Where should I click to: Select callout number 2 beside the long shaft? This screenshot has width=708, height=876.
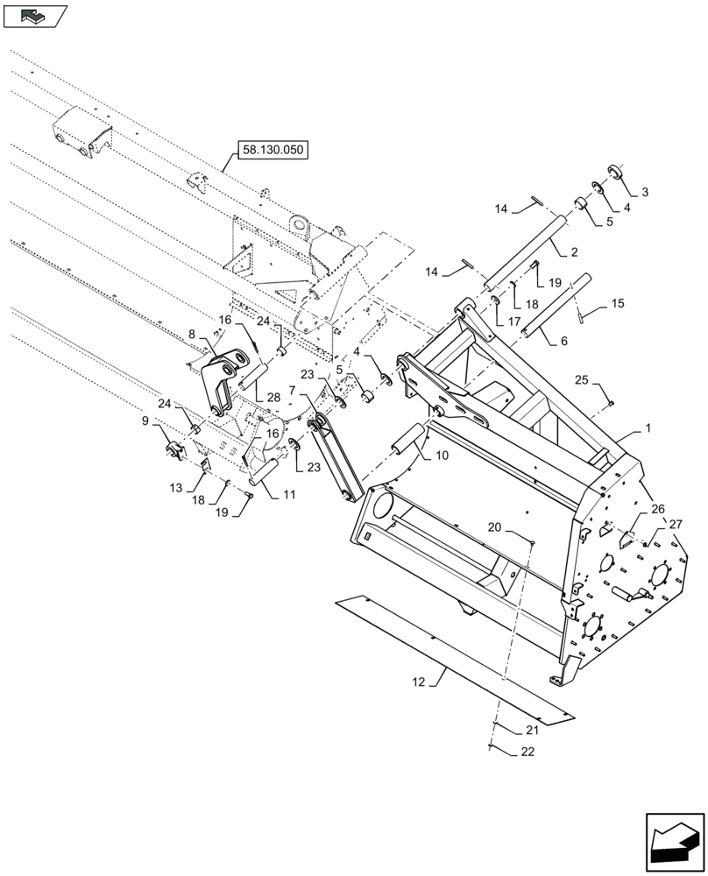click(x=645, y=192)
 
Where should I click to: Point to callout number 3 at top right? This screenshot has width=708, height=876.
click(x=627, y=208)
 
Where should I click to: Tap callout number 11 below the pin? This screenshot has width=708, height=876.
click(x=289, y=495)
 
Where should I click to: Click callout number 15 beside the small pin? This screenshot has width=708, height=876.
click(x=618, y=304)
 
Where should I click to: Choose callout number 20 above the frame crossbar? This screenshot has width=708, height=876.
click(x=497, y=527)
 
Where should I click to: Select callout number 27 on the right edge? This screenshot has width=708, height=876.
click(x=676, y=524)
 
